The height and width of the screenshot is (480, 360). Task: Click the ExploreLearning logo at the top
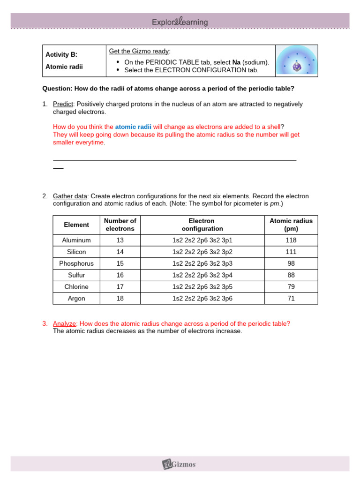point(180,22)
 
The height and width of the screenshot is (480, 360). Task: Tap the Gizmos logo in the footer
point(179,464)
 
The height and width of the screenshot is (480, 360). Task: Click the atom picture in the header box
point(296,61)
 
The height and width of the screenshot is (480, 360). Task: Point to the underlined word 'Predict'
point(63,104)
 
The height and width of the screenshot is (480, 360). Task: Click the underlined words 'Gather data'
point(70,196)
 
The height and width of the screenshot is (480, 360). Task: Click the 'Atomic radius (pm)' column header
point(291,225)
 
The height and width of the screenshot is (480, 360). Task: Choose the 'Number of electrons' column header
point(120,225)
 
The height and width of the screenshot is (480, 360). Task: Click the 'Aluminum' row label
point(76,240)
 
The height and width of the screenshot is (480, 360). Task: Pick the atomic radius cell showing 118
point(291,240)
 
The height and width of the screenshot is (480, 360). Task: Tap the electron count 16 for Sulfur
point(120,275)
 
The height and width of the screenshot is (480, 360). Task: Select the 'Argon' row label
point(76,298)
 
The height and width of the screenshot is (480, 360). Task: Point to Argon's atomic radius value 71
point(291,298)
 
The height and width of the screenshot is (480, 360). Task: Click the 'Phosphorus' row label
point(76,263)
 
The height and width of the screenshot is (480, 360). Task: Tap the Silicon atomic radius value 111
point(291,252)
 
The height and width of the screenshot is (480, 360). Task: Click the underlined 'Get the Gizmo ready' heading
point(140,51)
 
